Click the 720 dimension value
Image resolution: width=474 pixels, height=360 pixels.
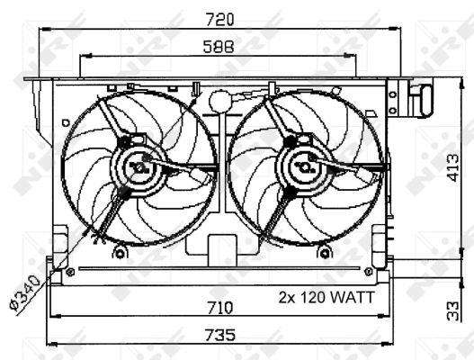tap(219, 20)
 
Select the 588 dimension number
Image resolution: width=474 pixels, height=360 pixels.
tap(219, 47)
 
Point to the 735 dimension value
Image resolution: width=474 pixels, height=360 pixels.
tap(220, 335)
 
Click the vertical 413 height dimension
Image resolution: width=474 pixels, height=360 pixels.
tap(453, 168)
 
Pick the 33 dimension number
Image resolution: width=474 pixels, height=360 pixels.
tap(453, 310)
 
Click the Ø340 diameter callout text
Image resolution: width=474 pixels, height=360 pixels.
tap(25, 292)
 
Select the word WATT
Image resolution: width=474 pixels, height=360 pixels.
tap(353, 297)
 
